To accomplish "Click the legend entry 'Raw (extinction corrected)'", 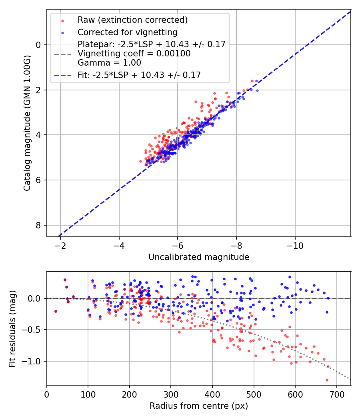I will [x=132, y=20].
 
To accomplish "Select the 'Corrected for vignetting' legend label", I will [x=127, y=32].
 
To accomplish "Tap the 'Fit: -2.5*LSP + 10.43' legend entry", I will [x=139, y=75].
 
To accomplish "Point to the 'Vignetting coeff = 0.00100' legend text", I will [x=134, y=54].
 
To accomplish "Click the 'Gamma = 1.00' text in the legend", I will [x=109, y=63].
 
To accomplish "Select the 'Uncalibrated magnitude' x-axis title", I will [x=199, y=257].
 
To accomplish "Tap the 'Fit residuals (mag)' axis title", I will [x=12, y=328].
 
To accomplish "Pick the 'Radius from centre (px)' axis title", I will [x=199, y=406].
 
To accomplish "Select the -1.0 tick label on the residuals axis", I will [x=34, y=361].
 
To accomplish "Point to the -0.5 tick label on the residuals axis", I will [x=34, y=330].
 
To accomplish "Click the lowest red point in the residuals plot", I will [x=327, y=380].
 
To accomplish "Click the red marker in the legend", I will [x=62, y=20].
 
